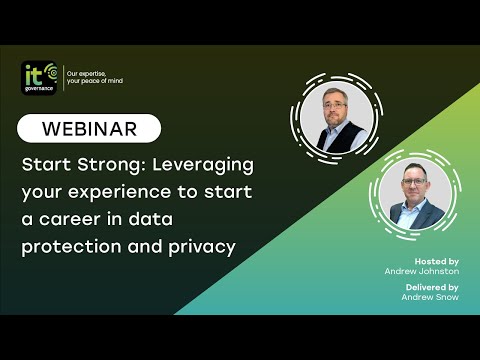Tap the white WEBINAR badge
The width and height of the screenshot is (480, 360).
tap(91, 128)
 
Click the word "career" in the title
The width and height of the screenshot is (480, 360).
tap(105, 218)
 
